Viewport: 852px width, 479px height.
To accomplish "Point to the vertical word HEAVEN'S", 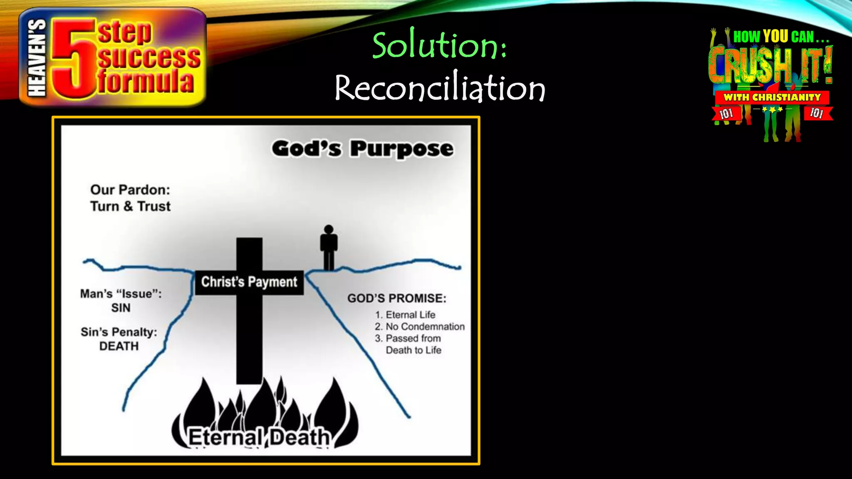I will tap(37, 58).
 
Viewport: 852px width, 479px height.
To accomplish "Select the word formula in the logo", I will tap(146, 81).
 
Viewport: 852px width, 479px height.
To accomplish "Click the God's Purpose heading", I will tap(362, 148).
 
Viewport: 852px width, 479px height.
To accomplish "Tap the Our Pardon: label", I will tap(130, 190).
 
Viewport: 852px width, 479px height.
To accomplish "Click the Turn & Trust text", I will tap(130, 206).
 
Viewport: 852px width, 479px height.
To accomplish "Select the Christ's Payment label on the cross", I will tap(249, 282).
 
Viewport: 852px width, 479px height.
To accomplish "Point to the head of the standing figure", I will tap(329, 229).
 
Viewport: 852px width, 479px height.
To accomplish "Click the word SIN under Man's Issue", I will tap(121, 308).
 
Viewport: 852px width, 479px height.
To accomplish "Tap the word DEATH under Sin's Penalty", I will tap(119, 346).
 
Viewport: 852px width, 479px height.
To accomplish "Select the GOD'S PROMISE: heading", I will tap(396, 298).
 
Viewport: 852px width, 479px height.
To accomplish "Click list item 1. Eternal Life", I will tap(405, 315).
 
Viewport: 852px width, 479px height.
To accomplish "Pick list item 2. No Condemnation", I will tap(420, 326).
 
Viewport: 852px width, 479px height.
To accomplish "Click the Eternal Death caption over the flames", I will tap(259, 437).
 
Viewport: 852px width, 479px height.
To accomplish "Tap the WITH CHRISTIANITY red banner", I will tap(772, 97).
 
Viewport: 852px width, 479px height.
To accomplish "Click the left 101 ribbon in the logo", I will tap(726, 114).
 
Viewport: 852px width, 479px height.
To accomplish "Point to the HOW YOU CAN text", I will tap(780, 37).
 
